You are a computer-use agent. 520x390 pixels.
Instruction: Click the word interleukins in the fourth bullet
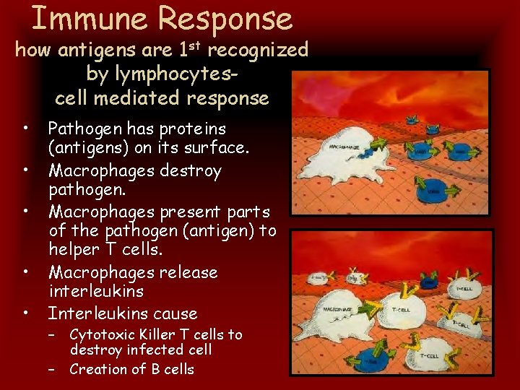click(96, 291)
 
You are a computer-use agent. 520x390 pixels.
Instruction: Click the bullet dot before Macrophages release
click(26, 272)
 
